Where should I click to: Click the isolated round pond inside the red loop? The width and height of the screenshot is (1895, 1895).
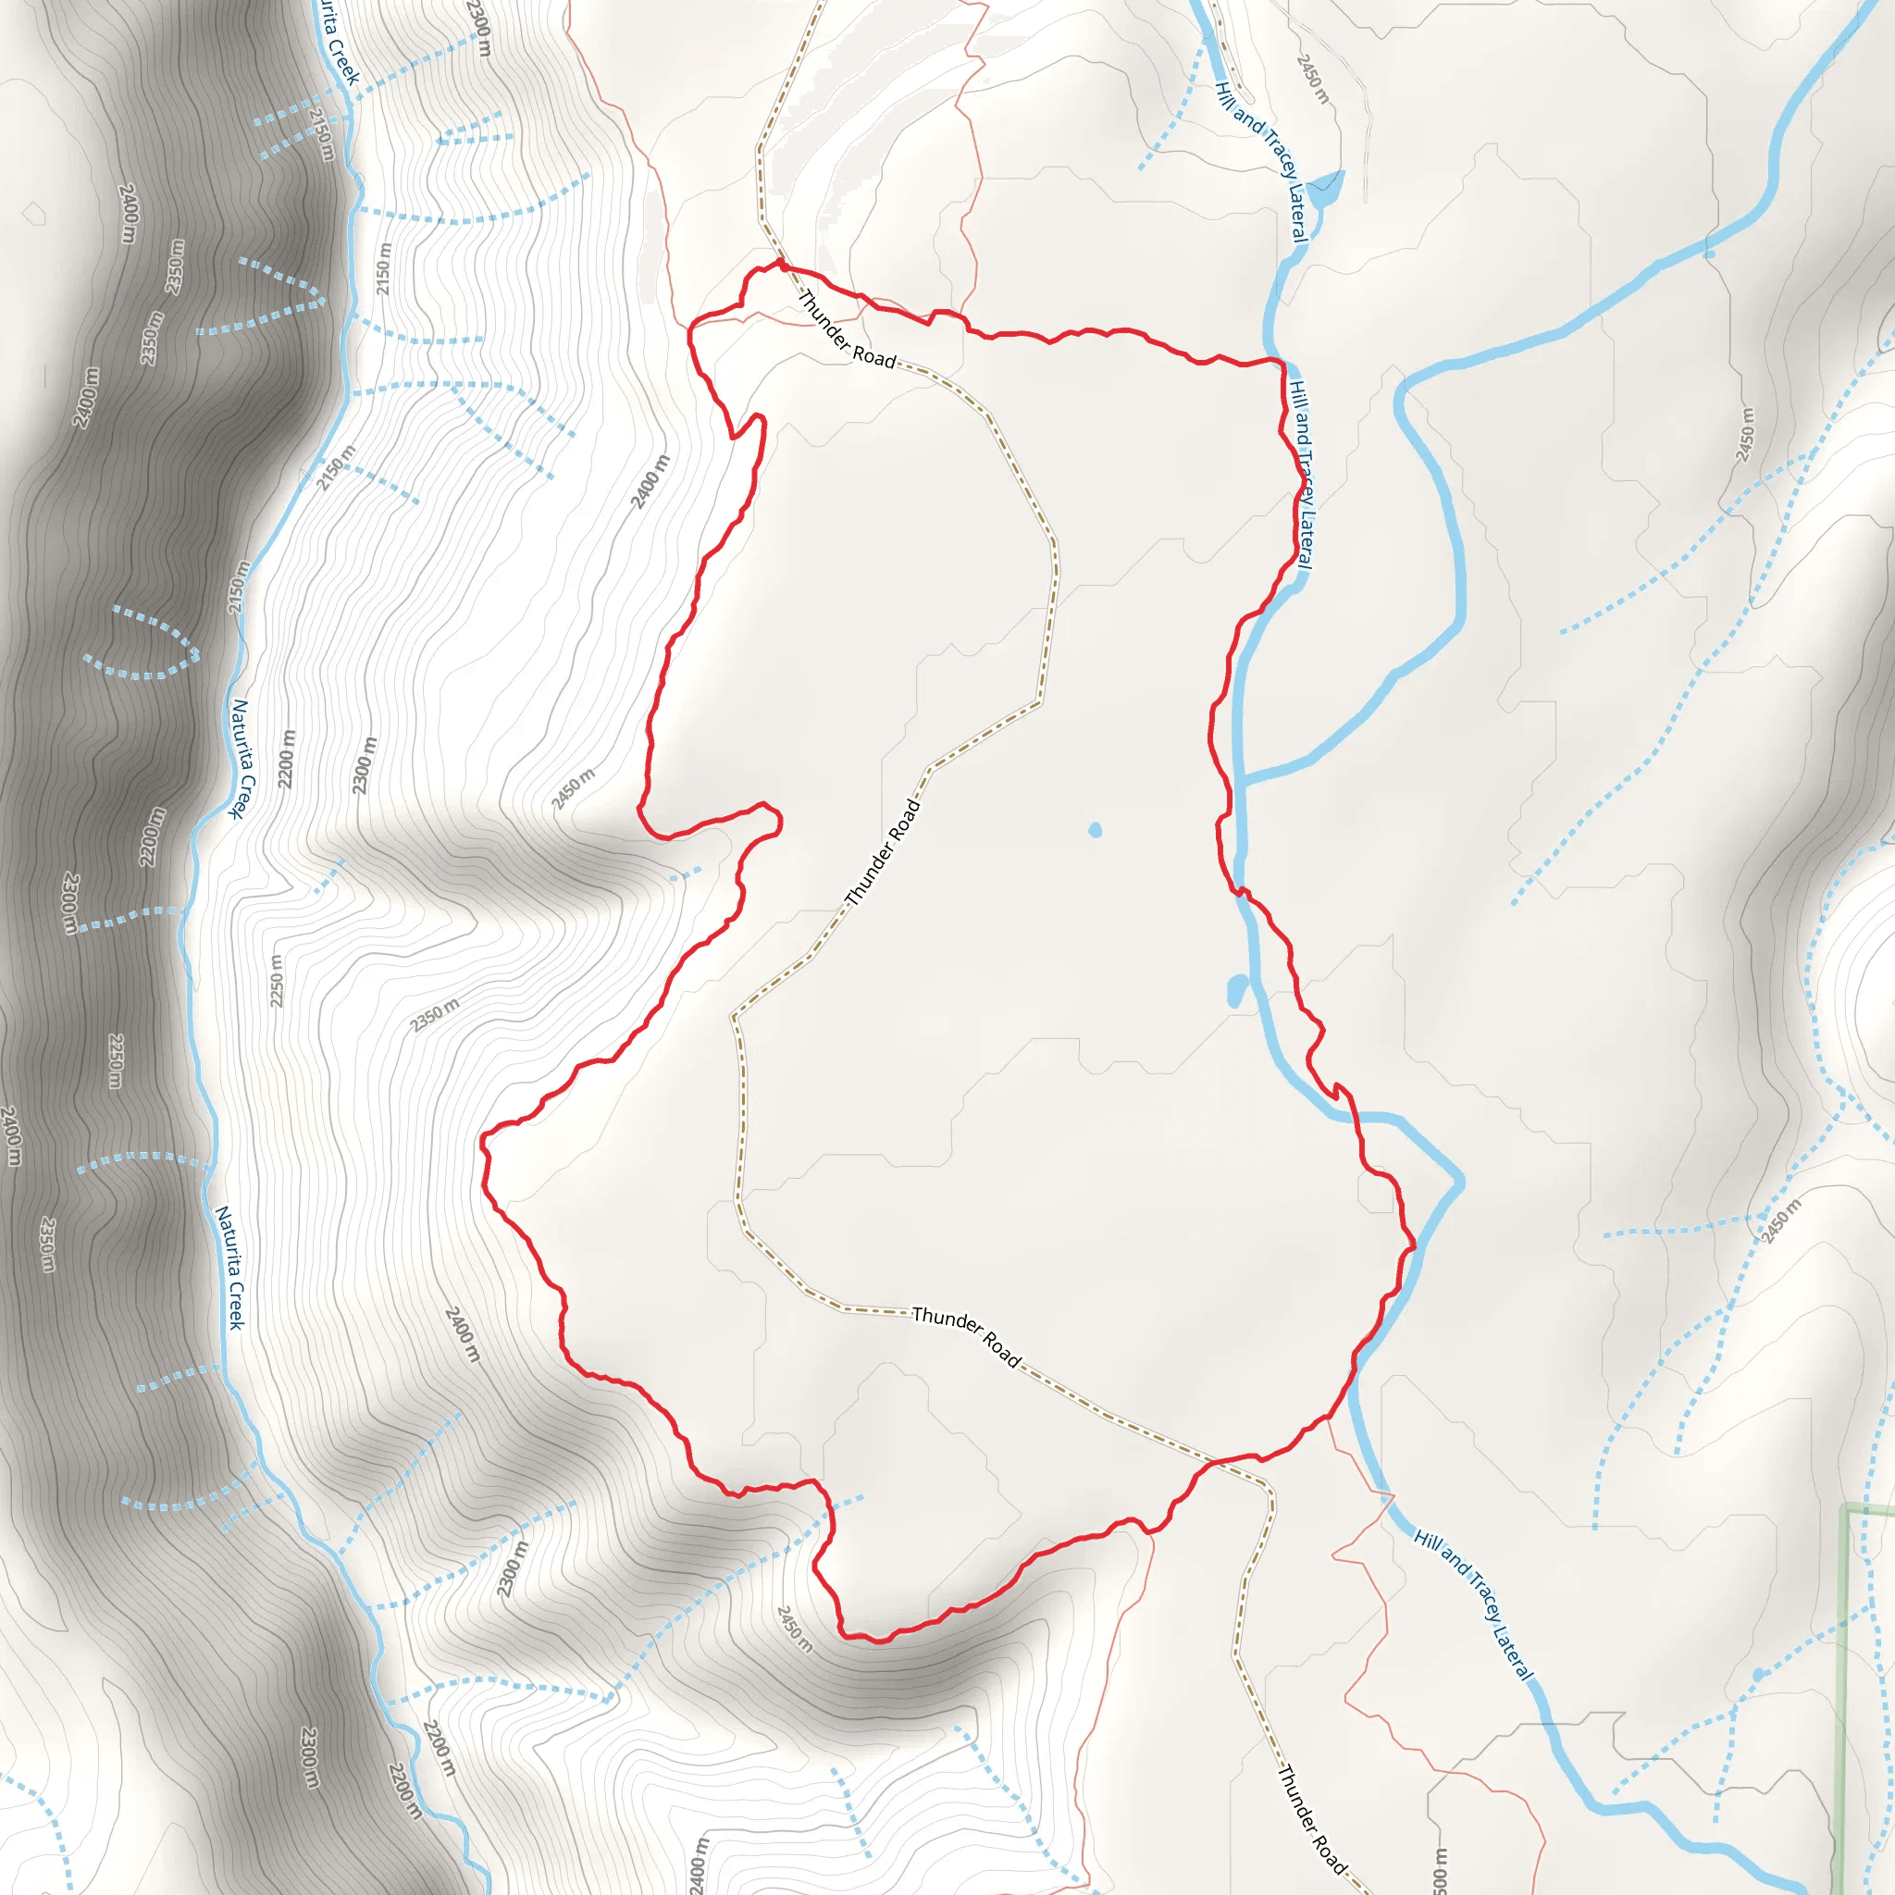click(1095, 831)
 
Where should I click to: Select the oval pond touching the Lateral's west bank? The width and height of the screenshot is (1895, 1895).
click(1238, 990)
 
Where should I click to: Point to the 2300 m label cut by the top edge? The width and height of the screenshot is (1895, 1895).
click(479, 28)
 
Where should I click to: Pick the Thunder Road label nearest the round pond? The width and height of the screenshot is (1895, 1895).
click(883, 851)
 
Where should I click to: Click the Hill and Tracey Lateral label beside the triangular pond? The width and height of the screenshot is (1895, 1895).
click(1261, 162)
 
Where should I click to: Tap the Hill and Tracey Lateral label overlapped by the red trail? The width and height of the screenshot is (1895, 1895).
click(1301, 475)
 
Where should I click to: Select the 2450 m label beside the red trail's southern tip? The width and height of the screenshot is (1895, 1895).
click(795, 1629)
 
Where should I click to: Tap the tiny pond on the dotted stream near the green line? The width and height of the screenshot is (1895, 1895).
click(1759, 1676)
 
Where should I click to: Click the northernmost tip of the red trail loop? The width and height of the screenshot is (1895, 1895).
click(781, 263)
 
